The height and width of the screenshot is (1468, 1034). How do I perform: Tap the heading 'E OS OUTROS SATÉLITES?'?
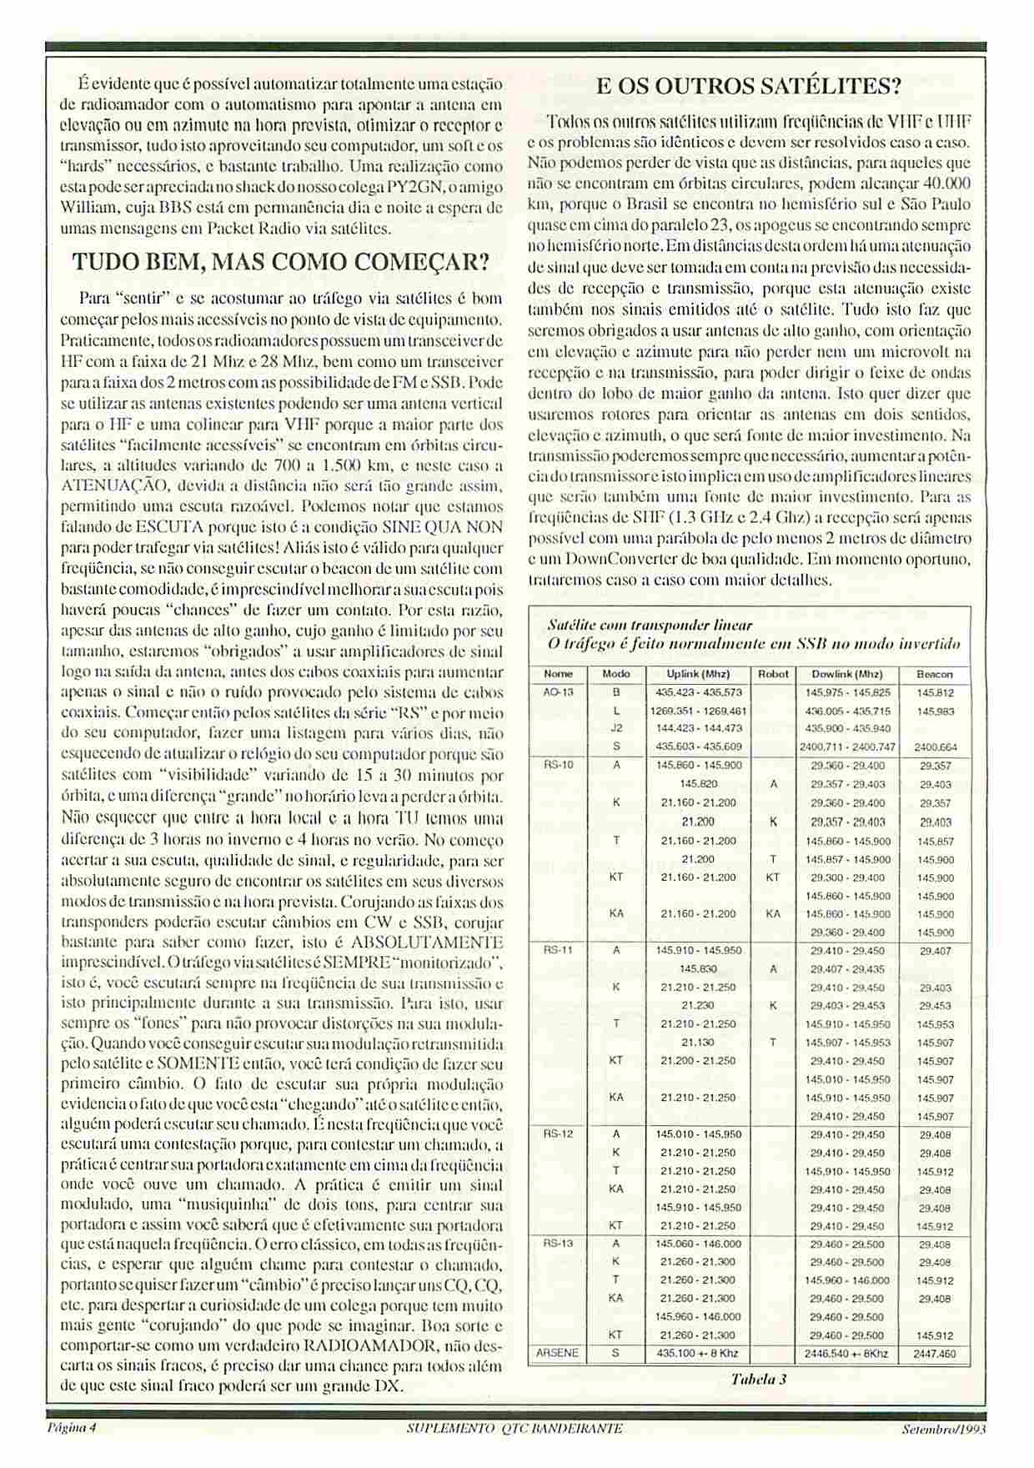750,86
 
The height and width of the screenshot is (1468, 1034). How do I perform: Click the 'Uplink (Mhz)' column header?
698,673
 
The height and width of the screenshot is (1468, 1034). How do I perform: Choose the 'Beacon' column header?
934,673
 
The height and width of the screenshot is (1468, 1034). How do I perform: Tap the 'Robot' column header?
773,673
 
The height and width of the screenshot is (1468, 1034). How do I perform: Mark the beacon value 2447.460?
935,1354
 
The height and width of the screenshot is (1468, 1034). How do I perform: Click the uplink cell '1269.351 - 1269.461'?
698,711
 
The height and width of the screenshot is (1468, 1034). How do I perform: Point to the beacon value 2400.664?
935,747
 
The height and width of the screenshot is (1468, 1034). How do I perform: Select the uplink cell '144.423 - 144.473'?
698,728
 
